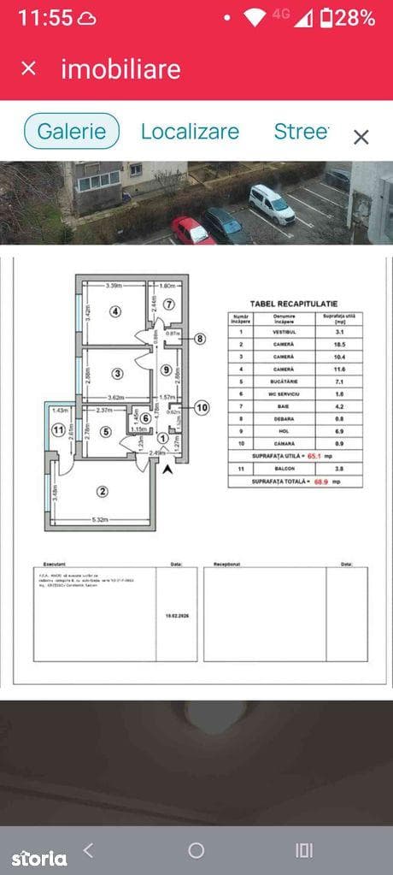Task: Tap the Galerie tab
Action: (x=72, y=132)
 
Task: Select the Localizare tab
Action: (x=190, y=132)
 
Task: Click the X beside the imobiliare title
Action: (x=29, y=68)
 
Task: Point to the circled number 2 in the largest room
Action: (x=103, y=491)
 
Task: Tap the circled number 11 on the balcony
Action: (x=57, y=429)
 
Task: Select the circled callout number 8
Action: (x=200, y=339)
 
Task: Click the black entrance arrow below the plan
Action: (x=167, y=468)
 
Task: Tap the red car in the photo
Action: (x=192, y=231)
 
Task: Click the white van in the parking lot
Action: (x=272, y=204)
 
